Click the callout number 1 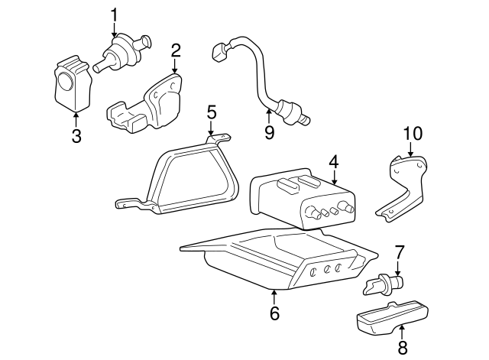click(115, 15)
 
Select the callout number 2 click(176, 51)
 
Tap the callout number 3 click(75, 138)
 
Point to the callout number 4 click(333, 163)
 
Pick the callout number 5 click(212, 112)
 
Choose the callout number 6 click(274, 313)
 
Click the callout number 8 click(403, 349)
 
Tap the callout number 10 click(413, 135)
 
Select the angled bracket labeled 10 click(405, 183)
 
